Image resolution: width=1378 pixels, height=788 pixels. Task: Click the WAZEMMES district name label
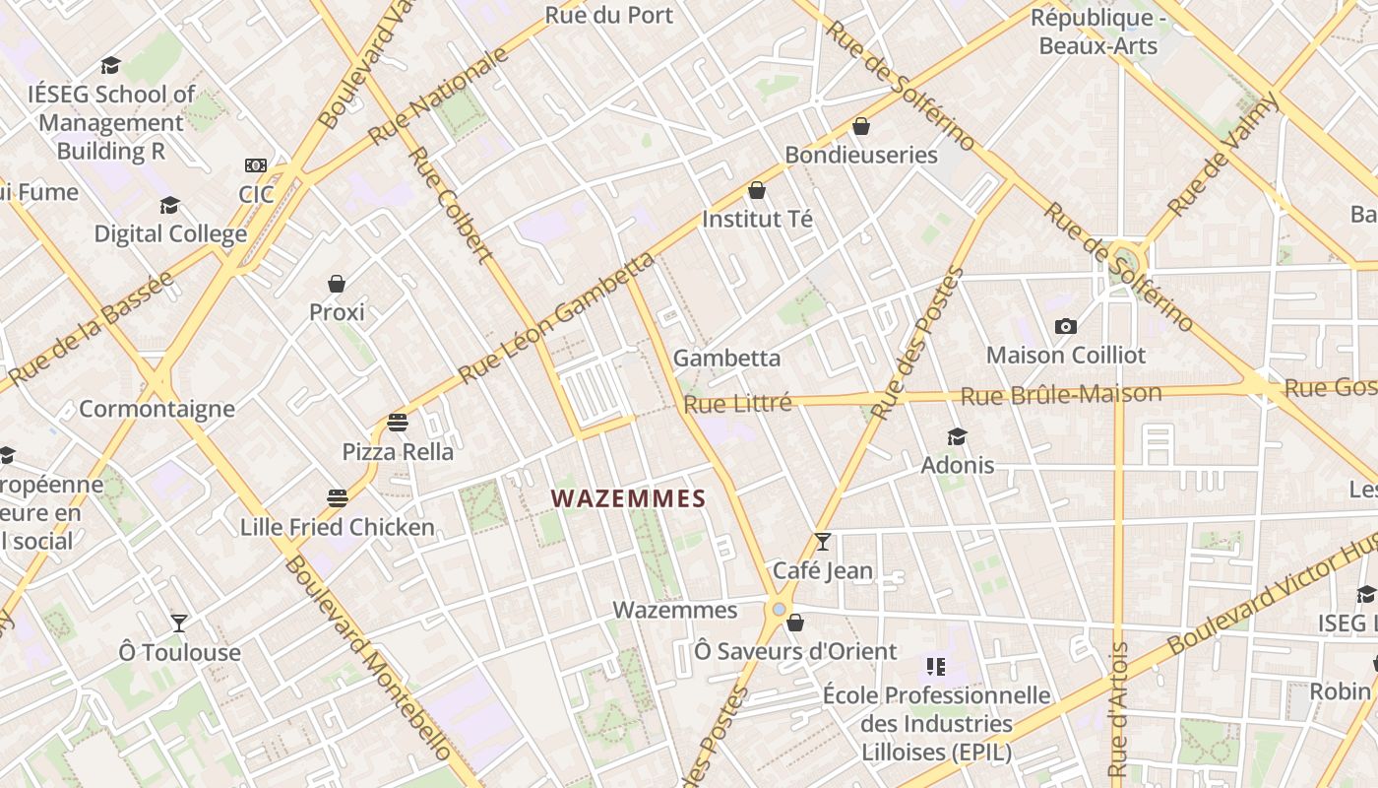pyautogui.click(x=629, y=498)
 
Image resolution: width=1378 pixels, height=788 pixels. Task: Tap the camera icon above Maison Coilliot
pyautogui.click(x=1065, y=326)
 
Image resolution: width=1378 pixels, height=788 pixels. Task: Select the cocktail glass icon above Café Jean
pyautogui.click(x=823, y=541)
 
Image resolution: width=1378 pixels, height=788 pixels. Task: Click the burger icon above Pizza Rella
pyautogui.click(x=398, y=423)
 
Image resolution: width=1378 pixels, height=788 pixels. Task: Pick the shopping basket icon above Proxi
pyautogui.click(x=337, y=284)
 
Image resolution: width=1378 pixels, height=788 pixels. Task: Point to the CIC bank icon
pyautogui.click(x=256, y=165)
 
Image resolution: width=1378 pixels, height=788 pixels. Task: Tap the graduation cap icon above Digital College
pyautogui.click(x=170, y=205)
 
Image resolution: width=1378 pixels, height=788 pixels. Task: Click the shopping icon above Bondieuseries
pyautogui.click(x=861, y=126)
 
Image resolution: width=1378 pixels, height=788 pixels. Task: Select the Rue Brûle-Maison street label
pyautogui.click(x=1060, y=395)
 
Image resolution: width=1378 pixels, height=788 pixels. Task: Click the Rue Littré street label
pyautogui.click(x=737, y=404)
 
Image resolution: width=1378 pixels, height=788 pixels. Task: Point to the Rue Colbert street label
pyautogui.click(x=449, y=206)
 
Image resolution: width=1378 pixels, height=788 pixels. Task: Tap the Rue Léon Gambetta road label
pyautogui.click(x=556, y=318)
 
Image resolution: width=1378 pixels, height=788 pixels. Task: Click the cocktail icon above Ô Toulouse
pyautogui.click(x=179, y=623)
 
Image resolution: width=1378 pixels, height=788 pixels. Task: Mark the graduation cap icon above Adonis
pyautogui.click(x=957, y=436)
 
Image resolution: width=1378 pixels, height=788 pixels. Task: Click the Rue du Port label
pyautogui.click(x=608, y=15)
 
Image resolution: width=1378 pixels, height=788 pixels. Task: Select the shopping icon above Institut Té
pyautogui.click(x=757, y=190)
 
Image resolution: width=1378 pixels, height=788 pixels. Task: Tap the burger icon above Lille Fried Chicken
pyautogui.click(x=338, y=497)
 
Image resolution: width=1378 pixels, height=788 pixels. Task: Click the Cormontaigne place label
pyautogui.click(x=157, y=409)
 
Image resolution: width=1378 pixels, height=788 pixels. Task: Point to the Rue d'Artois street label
pyautogui.click(x=1117, y=709)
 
